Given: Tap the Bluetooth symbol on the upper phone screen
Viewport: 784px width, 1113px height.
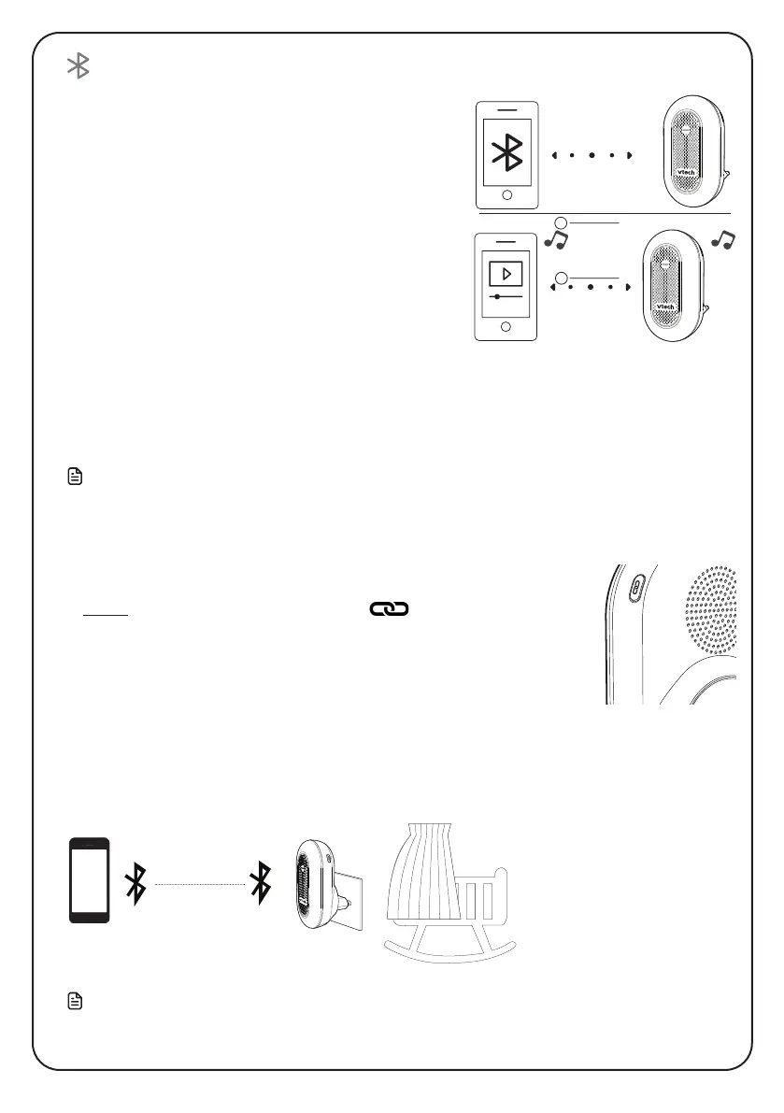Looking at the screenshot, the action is coord(507,154).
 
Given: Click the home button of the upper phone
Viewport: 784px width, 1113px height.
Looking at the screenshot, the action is coord(506,196).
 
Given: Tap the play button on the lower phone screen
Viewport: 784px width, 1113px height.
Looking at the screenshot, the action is coord(506,275).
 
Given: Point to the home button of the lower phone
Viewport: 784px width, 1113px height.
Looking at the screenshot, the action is coord(506,326).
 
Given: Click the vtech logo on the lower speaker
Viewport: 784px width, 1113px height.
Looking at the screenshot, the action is coord(667,306).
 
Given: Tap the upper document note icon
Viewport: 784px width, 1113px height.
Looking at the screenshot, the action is coord(76,478).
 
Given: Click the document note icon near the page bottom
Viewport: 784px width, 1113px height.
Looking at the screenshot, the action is coord(76,1002).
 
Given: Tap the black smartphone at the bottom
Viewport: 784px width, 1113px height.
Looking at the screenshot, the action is coord(90,881).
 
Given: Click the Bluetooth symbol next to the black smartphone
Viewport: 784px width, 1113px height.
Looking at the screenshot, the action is coord(136,883).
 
